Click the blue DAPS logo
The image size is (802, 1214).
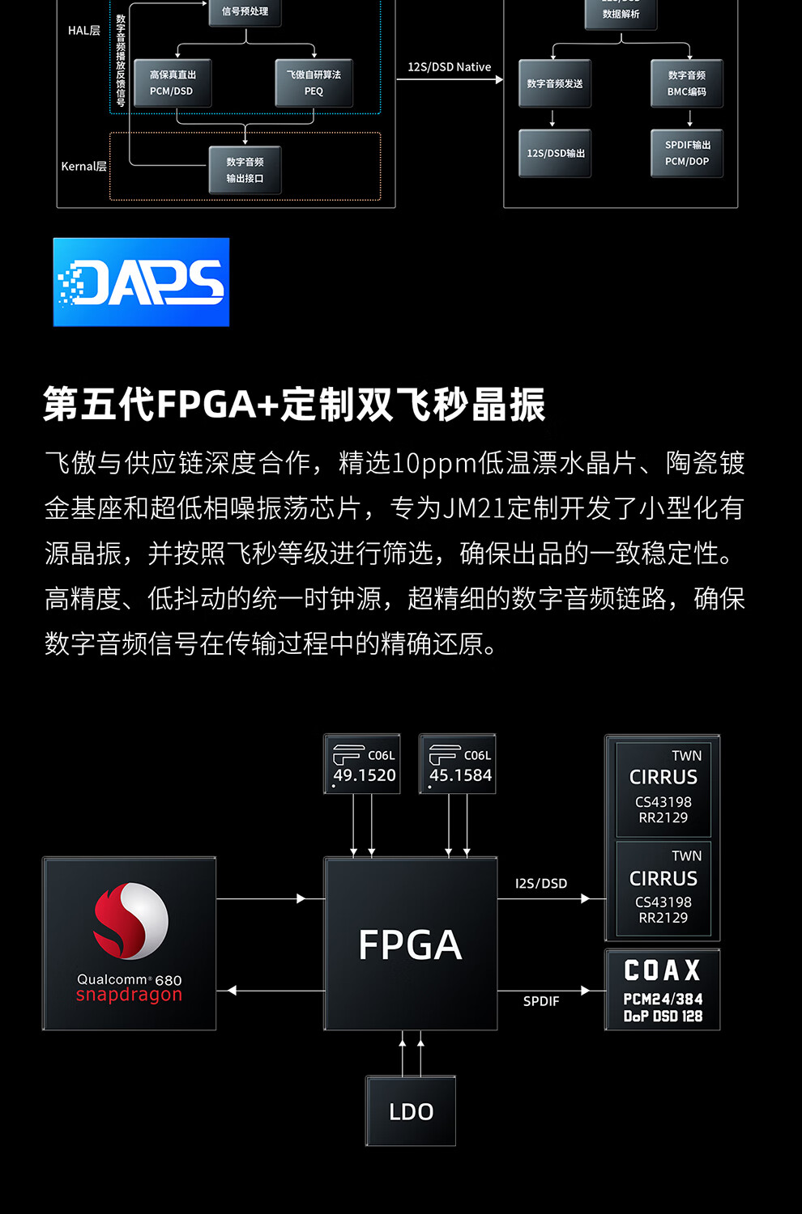141,282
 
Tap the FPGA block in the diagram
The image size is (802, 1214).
411,944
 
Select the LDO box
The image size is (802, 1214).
411,1111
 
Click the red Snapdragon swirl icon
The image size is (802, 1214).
130,921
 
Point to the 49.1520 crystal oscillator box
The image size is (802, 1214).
362,765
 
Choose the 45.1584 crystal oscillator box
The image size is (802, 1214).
458,765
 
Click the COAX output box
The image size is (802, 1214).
662,990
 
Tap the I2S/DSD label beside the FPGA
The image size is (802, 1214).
541,883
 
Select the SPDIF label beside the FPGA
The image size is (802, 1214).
541,1001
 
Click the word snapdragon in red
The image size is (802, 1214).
129,995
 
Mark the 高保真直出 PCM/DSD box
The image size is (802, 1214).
172,83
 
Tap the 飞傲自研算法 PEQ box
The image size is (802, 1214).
314,83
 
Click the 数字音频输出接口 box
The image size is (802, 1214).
245,170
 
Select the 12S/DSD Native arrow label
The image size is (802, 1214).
450,67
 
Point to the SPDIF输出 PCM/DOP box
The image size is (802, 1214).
687,153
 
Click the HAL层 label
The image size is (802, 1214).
84,31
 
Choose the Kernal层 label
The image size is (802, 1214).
83,167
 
